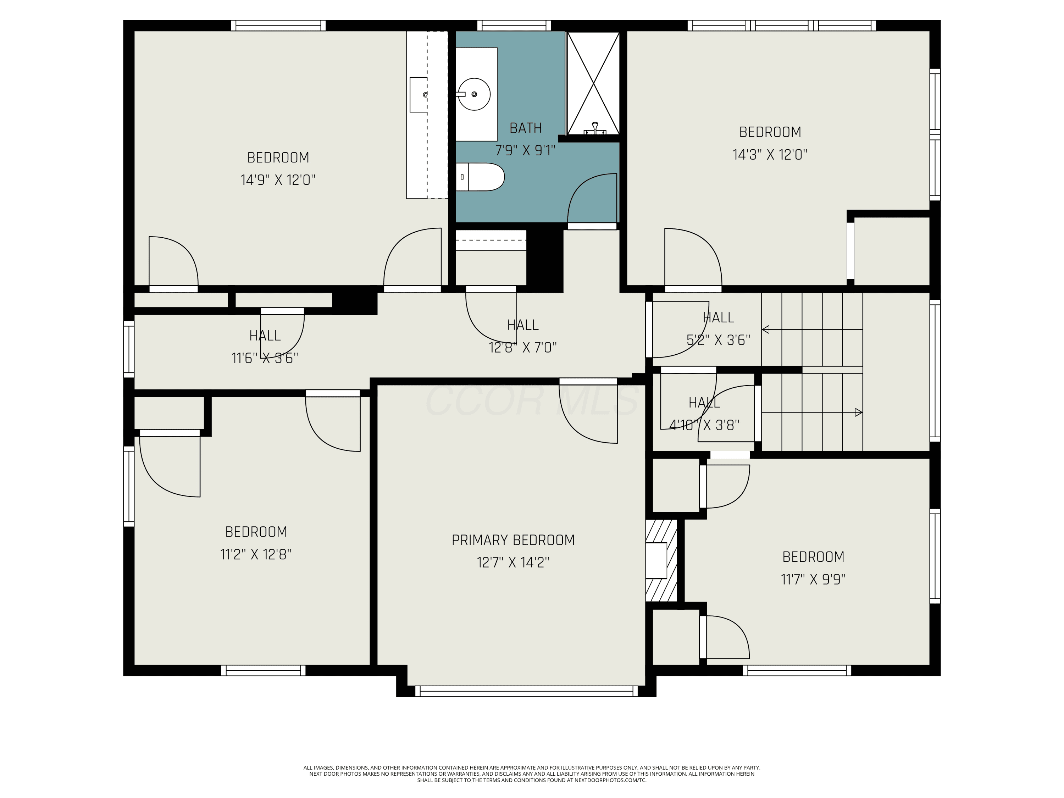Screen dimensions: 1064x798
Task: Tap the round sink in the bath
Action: point(474,94)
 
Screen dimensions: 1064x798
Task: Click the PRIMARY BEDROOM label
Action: point(513,540)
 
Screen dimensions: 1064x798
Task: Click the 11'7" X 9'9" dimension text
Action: point(813,579)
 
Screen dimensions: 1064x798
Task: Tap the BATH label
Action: point(525,128)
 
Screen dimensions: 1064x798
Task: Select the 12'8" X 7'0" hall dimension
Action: point(523,347)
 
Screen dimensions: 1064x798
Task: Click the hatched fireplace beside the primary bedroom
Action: point(661,560)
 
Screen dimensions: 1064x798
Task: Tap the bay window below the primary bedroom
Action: point(526,691)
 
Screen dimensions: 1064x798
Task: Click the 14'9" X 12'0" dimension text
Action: point(278,180)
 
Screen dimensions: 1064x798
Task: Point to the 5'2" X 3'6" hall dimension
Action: point(718,340)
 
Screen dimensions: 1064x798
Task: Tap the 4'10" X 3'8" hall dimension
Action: point(704,425)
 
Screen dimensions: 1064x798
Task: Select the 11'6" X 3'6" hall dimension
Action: point(265,358)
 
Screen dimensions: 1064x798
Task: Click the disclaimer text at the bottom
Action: point(532,774)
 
